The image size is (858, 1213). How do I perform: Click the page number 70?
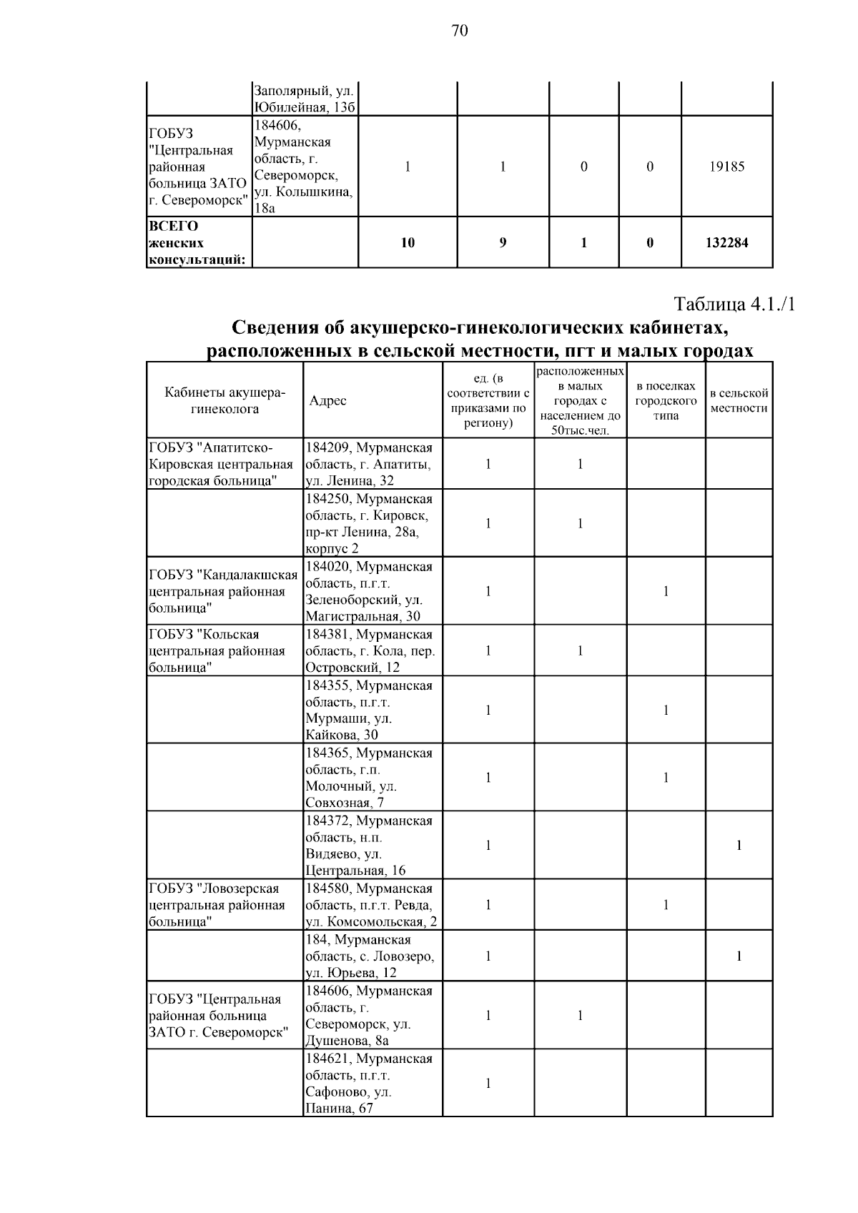[x=460, y=31]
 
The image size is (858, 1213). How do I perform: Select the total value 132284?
[x=726, y=243]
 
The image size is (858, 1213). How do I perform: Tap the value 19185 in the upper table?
[x=726, y=167]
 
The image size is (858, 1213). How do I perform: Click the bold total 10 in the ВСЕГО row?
[x=408, y=243]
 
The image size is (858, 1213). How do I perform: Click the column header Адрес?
[x=328, y=401]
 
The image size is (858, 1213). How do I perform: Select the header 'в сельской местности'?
[x=739, y=401]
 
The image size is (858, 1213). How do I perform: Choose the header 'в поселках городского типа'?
[x=666, y=401]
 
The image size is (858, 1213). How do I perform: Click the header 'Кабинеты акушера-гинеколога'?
[x=225, y=401]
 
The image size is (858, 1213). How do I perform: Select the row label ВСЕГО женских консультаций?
[x=198, y=243]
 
